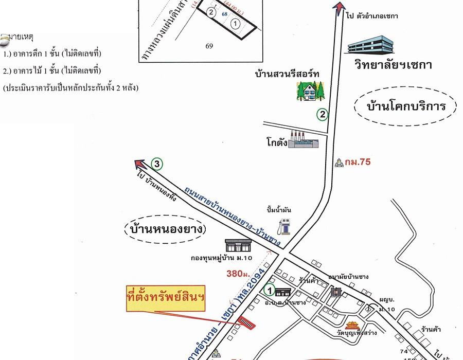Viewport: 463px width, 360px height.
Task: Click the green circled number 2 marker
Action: tap(322, 115)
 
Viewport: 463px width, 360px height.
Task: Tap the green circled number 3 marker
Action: tap(157, 165)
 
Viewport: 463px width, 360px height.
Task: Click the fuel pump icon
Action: tap(282, 226)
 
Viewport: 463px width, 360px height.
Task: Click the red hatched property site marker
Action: tap(246, 323)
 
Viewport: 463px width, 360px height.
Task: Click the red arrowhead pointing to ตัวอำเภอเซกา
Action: tap(338, 7)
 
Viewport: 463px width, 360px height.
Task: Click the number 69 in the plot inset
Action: tap(209, 46)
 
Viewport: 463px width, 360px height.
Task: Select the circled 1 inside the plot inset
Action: tap(235, 24)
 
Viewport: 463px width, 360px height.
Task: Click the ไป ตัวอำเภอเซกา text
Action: tap(372, 16)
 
